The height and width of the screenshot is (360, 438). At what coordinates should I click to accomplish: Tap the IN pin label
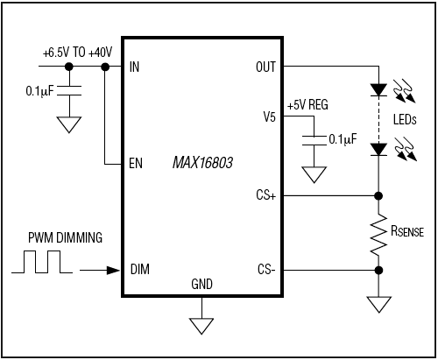click(x=134, y=67)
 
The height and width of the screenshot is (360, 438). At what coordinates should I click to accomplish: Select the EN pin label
click(x=135, y=164)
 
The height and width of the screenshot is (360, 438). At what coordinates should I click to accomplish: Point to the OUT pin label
click(x=265, y=67)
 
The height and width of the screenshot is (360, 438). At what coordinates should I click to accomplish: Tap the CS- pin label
click(x=266, y=270)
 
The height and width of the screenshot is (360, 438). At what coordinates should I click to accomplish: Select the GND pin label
click(x=201, y=285)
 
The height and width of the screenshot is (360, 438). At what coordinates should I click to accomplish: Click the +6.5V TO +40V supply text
click(x=78, y=53)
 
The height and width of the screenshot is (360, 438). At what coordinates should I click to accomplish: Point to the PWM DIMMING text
click(x=63, y=237)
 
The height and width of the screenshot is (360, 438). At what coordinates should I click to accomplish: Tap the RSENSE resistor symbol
click(x=378, y=232)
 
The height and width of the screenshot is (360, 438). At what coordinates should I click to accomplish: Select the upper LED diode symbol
click(x=378, y=89)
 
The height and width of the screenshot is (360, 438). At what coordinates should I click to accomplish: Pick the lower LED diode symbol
click(x=378, y=150)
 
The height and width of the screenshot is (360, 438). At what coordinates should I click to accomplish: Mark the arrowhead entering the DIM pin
click(x=112, y=270)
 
